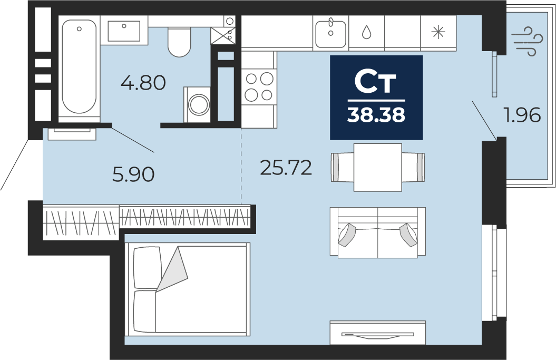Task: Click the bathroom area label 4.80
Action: click(x=143, y=83)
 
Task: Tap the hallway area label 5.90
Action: click(x=133, y=174)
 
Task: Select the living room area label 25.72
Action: click(x=286, y=168)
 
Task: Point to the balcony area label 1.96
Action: click(x=522, y=115)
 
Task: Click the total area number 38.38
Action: click(x=376, y=115)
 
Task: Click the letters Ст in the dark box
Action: click(x=376, y=83)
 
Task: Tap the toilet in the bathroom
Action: click(x=179, y=42)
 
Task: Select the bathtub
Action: click(x=79, y=66)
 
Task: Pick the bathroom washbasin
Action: click(x=124, y=31)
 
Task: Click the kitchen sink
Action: click(x=331, y=34)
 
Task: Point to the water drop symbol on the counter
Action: click(x=367, y=32)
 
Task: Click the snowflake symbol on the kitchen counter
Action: click(x=438, y=32)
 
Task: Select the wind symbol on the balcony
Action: click(x=528, y=41)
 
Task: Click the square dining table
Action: click(x=378, y=168)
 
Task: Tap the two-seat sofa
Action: click(x=378, y=232)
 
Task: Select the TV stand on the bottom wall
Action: click(x=378, y=333)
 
